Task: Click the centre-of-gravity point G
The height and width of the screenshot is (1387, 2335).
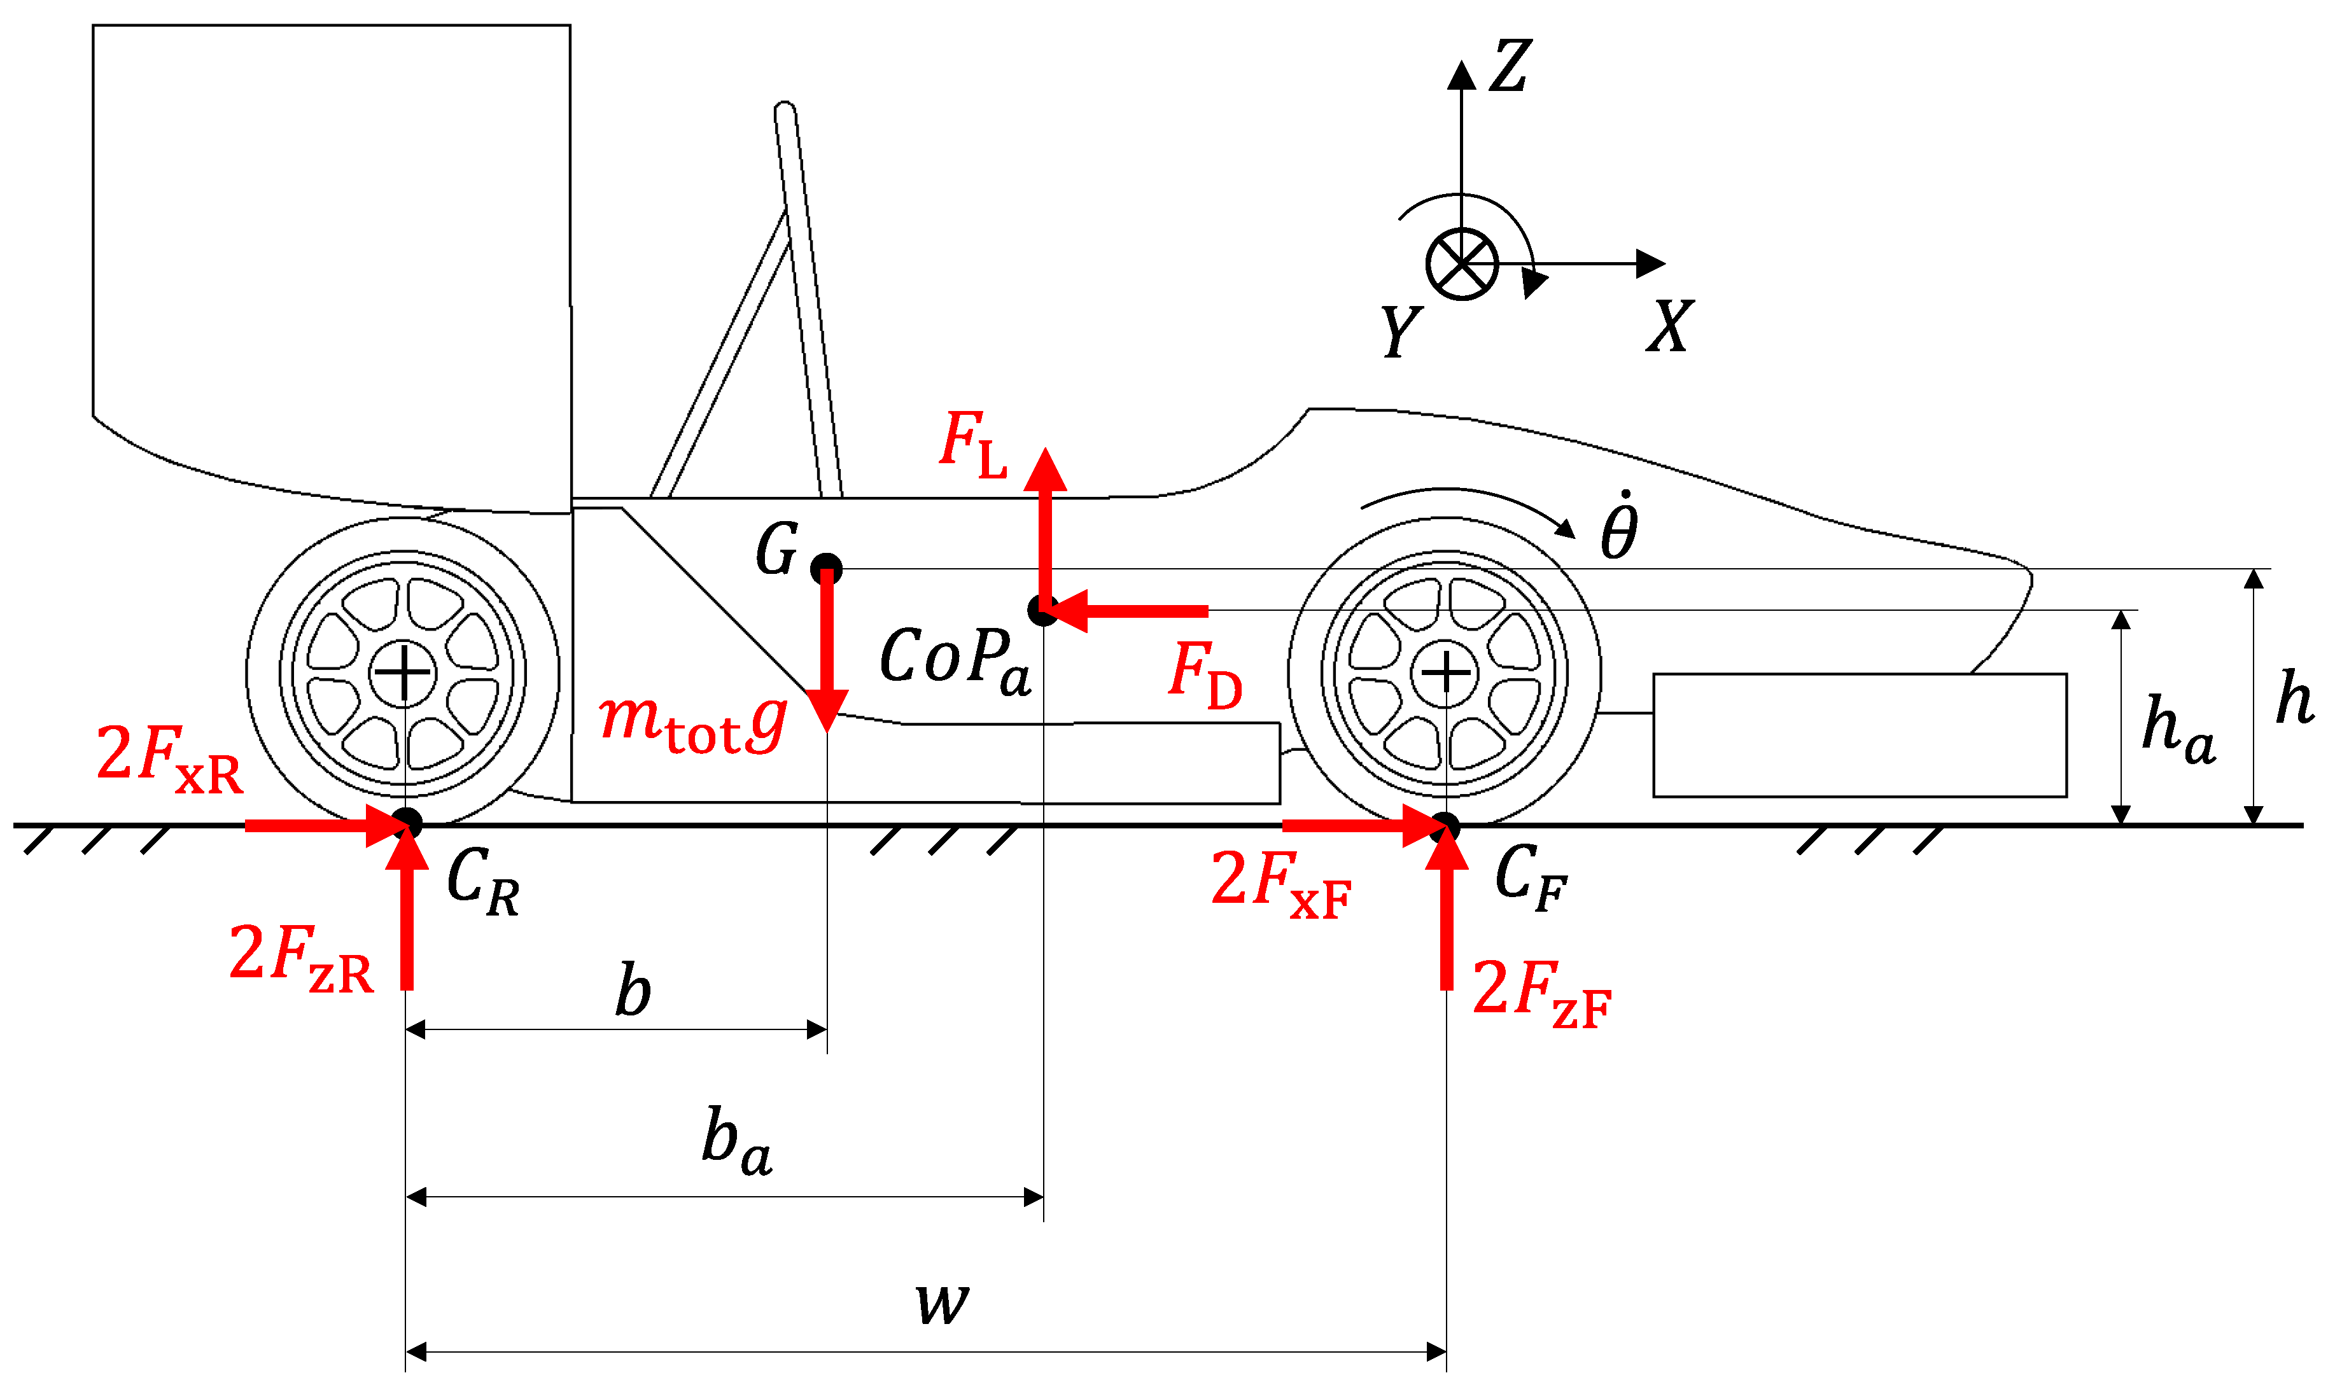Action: (825, 568)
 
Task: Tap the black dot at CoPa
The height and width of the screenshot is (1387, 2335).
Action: (1042, 610)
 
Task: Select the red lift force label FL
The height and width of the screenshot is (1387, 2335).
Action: (972, 444)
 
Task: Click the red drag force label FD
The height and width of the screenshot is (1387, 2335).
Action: (1205, 675)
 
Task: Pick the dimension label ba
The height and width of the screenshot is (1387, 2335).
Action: (736, 1141)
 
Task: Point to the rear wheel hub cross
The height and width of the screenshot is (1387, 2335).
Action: (403, 672)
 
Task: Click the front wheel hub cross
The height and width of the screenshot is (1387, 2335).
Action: (1445, 672)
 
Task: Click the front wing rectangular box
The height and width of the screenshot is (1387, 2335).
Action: (1859, 735)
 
